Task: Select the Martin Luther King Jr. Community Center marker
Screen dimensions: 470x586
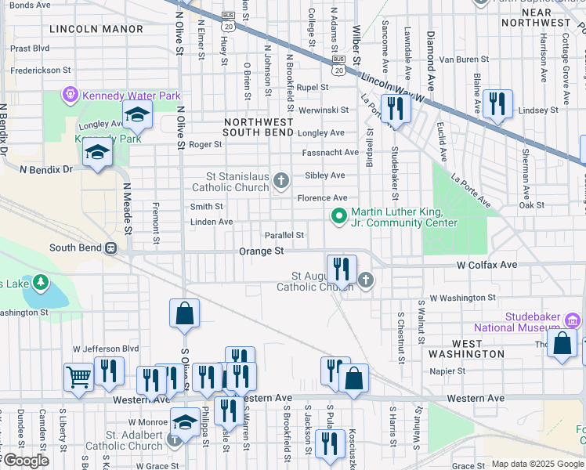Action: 339,215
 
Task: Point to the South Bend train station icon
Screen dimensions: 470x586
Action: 112,248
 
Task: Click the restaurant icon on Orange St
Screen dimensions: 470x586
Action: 342,269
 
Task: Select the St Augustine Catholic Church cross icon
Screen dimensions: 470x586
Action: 365,279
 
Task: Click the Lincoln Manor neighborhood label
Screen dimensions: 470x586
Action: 96,29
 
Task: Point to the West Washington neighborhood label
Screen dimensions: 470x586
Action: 478,349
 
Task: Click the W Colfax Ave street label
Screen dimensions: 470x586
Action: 487,265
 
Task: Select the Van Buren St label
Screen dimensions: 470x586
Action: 463,59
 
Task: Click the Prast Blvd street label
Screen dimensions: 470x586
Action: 31,48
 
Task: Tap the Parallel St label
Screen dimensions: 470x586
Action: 284,235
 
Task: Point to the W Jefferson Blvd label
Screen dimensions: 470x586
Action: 106,348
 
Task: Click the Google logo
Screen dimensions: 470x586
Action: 25,461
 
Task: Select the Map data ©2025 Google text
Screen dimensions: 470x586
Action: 537,464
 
